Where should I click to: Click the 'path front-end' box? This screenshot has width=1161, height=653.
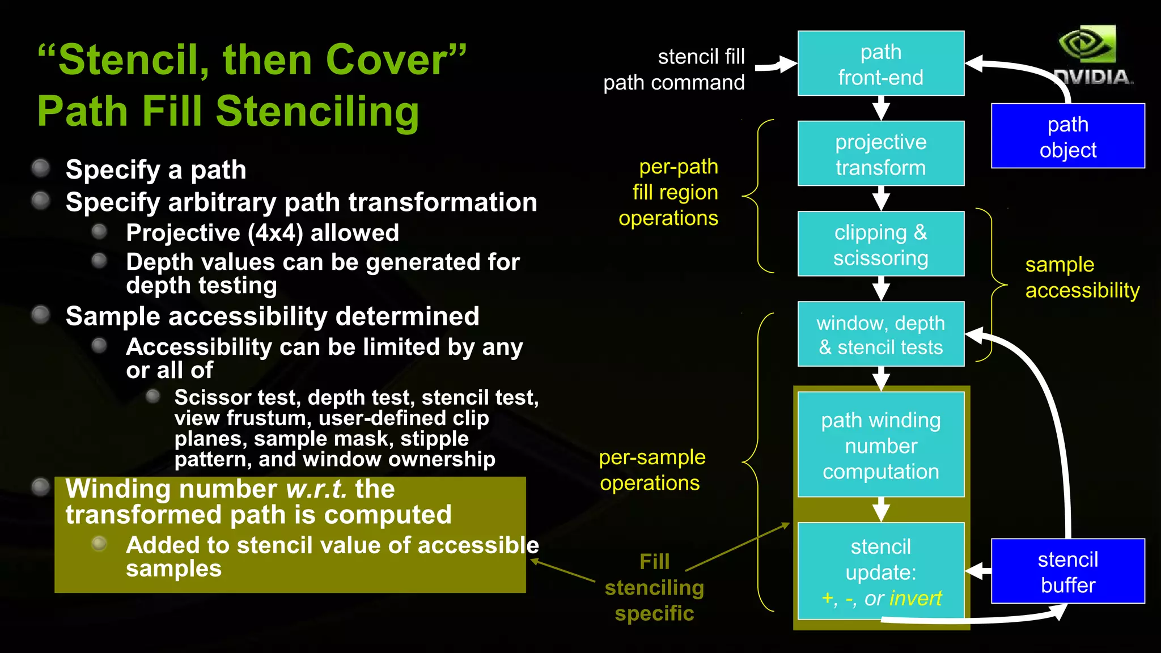tap(880, 63)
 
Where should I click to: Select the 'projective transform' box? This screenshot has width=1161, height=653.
tap(880, 154)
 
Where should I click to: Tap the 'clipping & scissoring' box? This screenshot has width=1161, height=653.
tap(880, 244)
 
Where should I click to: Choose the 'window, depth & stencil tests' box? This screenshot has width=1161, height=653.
tap(880, 334)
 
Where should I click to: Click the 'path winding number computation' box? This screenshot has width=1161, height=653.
tap(880, 445)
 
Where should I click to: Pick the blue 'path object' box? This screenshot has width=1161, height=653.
tap(1067, 136)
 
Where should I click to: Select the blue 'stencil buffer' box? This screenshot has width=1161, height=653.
tap(1067, 571)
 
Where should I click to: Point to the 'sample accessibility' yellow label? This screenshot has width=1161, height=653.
tap(1081, 277)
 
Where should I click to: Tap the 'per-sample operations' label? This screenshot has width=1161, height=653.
tap(652, 470)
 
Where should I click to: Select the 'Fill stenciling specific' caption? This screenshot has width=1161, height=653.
tap(654, 587)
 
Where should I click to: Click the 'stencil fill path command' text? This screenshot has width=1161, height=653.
tap(674, 70)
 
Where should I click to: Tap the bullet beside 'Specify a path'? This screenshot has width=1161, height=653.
tap(41, 168)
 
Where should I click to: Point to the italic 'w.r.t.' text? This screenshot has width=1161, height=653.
tap(316, 489)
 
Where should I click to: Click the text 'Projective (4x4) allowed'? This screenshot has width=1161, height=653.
tap(262, 233)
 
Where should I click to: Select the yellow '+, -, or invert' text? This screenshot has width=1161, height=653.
tap(880, 598)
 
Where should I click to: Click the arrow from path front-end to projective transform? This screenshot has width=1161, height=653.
tap(880, 108)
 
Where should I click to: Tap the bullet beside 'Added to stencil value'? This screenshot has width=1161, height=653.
tap(99, 544)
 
